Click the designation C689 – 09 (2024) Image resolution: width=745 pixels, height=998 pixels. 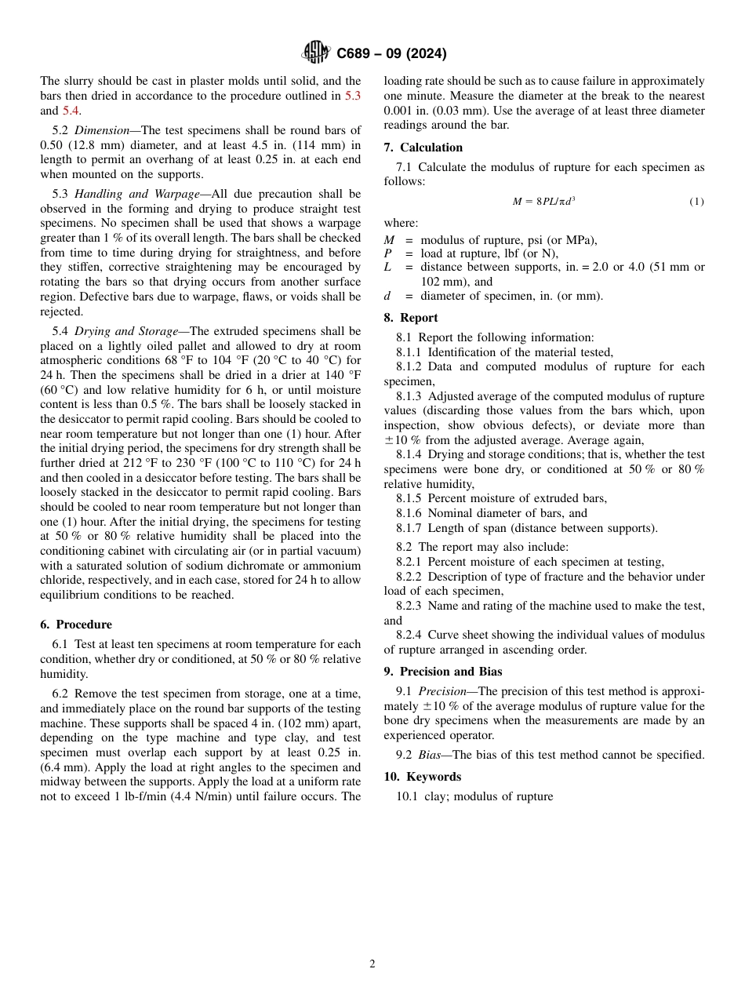coord(391,54)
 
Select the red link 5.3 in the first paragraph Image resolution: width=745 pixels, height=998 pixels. coord(353,96)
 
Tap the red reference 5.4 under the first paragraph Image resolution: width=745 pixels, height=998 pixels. coord(71,111)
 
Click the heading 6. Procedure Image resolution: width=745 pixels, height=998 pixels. coord(76,625)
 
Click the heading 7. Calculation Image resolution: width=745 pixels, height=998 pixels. coord(423,148)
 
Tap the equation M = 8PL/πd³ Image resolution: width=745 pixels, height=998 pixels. coord(543,202)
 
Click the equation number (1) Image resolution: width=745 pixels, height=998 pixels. coord(696,202)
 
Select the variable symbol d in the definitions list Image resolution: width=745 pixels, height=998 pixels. coord(387,296)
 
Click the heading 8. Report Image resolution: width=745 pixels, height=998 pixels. coord(411,318)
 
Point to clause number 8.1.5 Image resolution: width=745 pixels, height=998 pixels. coord(410,498)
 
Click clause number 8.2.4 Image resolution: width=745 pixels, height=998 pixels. coord(410,635)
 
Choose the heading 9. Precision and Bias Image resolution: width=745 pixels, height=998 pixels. coord(442,672)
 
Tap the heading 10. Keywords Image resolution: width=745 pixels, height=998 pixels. coord(422,777)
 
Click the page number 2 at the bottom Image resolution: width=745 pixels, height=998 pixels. coord(372,964)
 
